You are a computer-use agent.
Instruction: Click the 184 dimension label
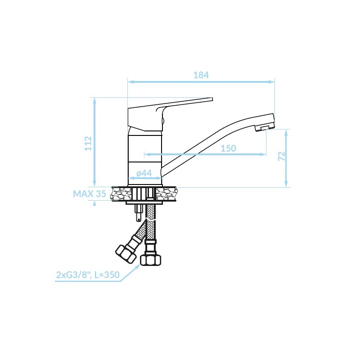point(201,75)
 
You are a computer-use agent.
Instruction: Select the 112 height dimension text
point(88,144)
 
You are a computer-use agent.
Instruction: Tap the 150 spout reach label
point(228,148)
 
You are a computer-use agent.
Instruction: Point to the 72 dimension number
point(282,156)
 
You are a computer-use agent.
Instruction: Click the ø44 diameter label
point(144,173)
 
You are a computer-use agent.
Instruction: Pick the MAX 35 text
point(89,194)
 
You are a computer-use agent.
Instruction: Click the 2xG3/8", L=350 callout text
point(88,274)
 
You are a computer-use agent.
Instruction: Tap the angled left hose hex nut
point(126,254)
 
